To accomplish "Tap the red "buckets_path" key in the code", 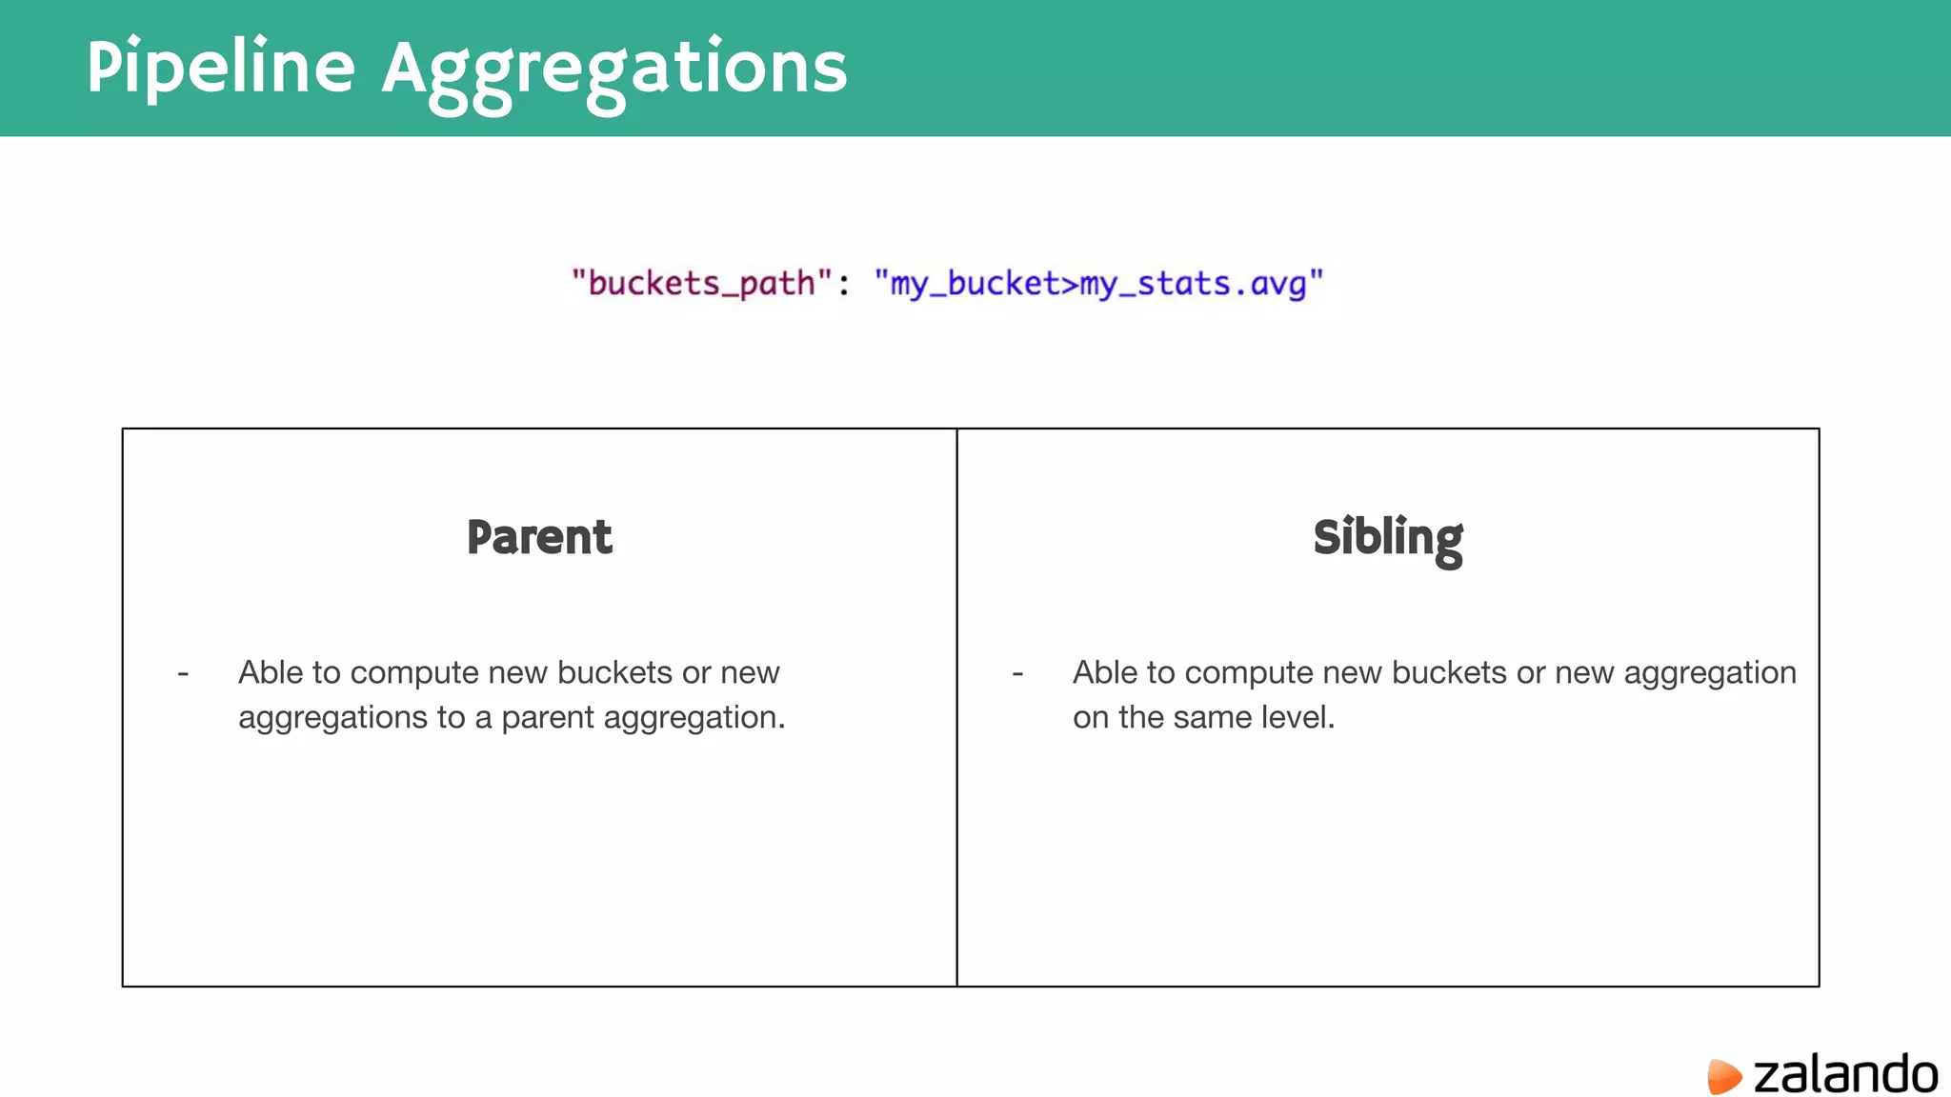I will tap(702, 283).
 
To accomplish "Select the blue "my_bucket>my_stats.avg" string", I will tap(1098, 284).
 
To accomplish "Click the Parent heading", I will tap(539, 537).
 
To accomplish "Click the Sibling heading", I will tap(1387, 539).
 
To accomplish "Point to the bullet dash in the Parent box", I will tap(183, 674).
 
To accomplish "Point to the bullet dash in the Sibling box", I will tap(1017, 674).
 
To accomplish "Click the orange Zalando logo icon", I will tap(1723, 1076).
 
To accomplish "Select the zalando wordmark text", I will tap(1845, 1074).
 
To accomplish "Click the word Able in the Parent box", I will tap(271, 672).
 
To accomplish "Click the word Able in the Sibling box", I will tap(1105, 672).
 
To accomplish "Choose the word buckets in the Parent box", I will tap(614, 672).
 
